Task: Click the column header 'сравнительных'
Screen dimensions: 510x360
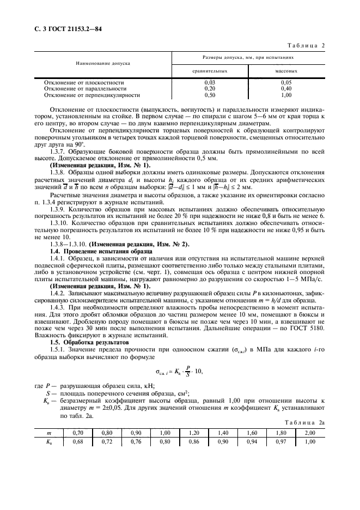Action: point(210,71)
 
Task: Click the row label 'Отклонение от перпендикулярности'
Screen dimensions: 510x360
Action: point(91,94)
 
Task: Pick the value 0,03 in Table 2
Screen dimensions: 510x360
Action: point(209,82)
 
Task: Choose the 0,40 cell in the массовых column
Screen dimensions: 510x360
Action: point(286,88)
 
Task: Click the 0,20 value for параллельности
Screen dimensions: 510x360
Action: point(209,88)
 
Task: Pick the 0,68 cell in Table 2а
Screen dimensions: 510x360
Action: point(77,442)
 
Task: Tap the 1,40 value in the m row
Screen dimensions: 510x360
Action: point(223,432)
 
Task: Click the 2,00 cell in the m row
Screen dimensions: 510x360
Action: point(310,432)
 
